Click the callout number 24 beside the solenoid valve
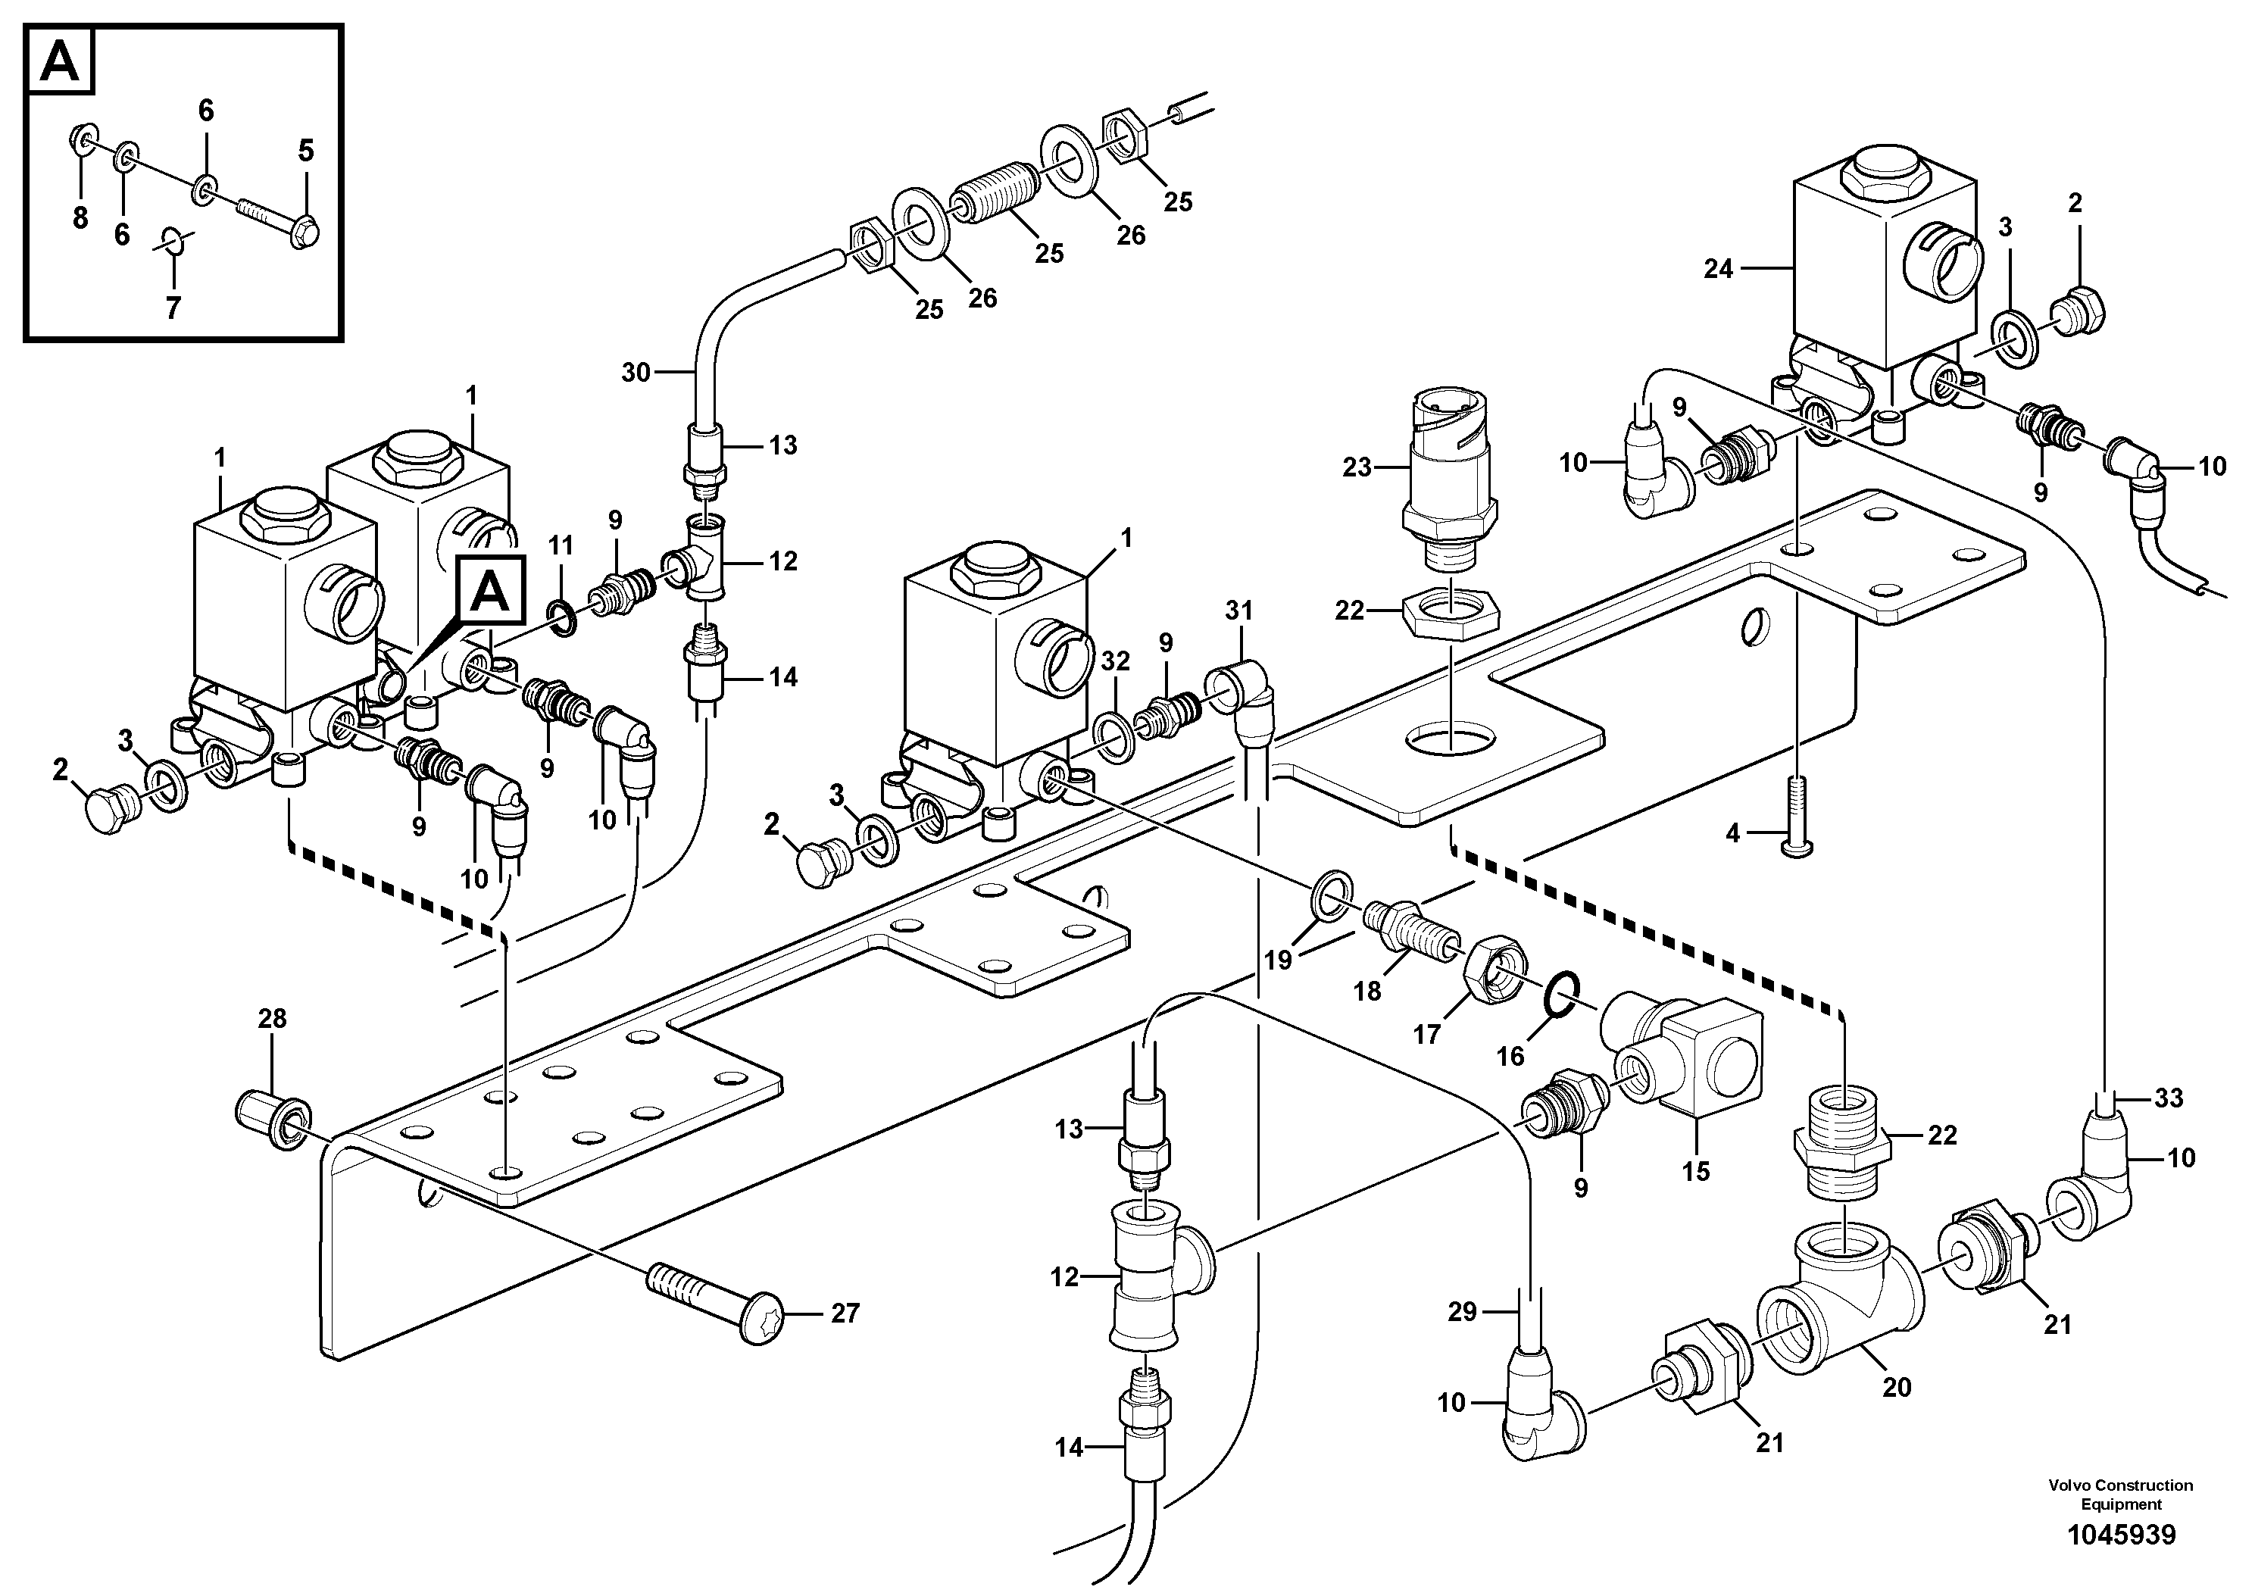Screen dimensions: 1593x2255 1718,268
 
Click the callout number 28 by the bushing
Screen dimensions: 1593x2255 272,1019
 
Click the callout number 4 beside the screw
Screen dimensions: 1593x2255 1732,834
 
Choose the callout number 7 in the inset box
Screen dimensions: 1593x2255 173,308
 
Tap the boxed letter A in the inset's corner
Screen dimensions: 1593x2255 62,62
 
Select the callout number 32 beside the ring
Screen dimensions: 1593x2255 1115,661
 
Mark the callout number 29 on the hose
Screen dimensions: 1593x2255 1463,1312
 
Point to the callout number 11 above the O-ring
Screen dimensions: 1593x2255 560,545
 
